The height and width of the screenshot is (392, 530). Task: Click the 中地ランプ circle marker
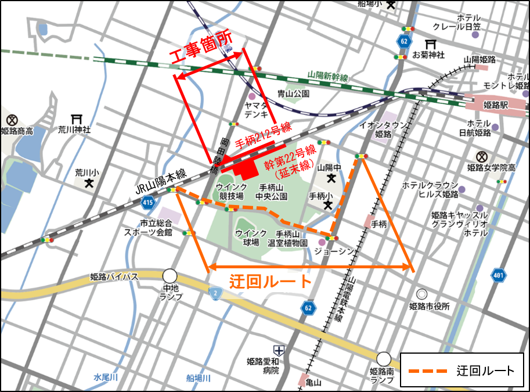point(170,275)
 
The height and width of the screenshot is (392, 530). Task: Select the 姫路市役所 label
point(429,306)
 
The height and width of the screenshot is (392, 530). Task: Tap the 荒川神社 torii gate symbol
point(75,118)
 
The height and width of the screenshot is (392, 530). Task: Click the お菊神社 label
point(428,55)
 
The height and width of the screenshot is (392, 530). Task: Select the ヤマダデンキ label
point(255,110)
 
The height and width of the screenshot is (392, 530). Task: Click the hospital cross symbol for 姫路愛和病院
point(280,350)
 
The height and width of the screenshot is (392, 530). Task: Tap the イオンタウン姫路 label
point(376,129)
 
